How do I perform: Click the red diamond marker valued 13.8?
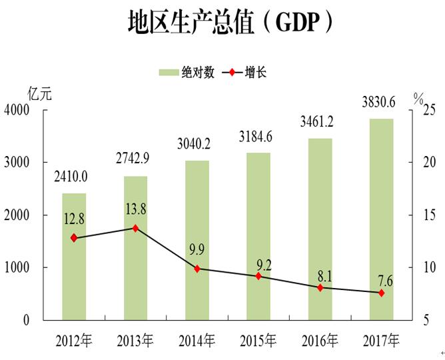(x=135, y=228)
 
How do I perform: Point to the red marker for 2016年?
(x=320, y=288)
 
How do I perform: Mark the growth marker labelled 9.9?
(x=197, y=269)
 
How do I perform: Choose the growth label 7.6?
(x=384, y=281)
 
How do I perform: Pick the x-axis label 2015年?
(x=258, y=341)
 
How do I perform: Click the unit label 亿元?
(x=39, y=94)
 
